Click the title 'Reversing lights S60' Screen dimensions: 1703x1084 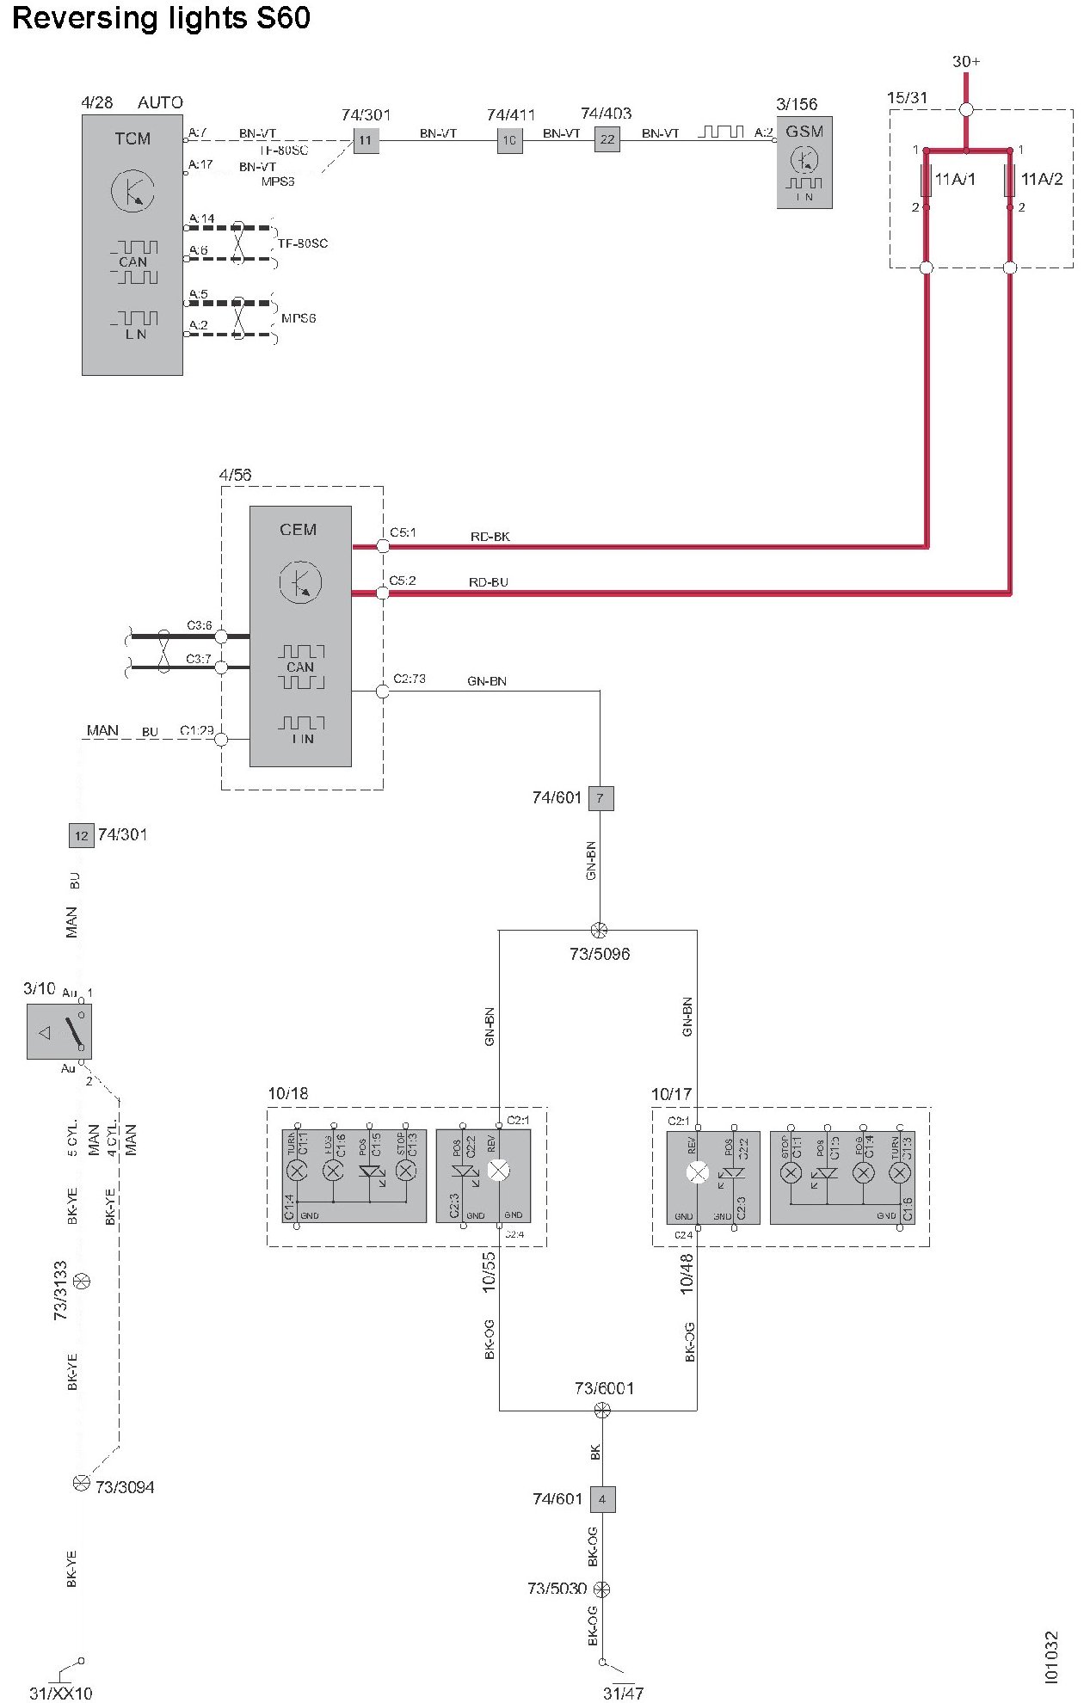161,19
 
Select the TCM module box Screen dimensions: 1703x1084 132,245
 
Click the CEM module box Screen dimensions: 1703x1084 300,636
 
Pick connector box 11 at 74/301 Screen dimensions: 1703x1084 366,140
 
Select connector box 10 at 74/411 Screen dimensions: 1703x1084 510,140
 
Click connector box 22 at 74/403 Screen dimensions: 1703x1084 607,139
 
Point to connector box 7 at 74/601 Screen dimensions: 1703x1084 601,798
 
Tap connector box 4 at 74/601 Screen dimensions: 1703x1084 602,1499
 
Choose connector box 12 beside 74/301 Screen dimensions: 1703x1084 81,835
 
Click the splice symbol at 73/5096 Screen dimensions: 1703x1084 600,930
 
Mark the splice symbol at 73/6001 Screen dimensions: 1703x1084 602,1410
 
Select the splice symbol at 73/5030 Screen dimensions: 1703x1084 602,1589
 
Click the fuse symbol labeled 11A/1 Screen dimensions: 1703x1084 926,180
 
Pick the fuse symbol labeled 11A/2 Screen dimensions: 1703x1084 1010,180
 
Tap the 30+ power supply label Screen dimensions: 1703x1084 966,62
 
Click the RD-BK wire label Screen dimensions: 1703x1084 490,537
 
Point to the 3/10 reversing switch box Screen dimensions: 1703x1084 59,1031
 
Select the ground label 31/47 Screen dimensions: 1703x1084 623,1693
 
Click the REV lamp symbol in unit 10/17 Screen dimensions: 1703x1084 698,1172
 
